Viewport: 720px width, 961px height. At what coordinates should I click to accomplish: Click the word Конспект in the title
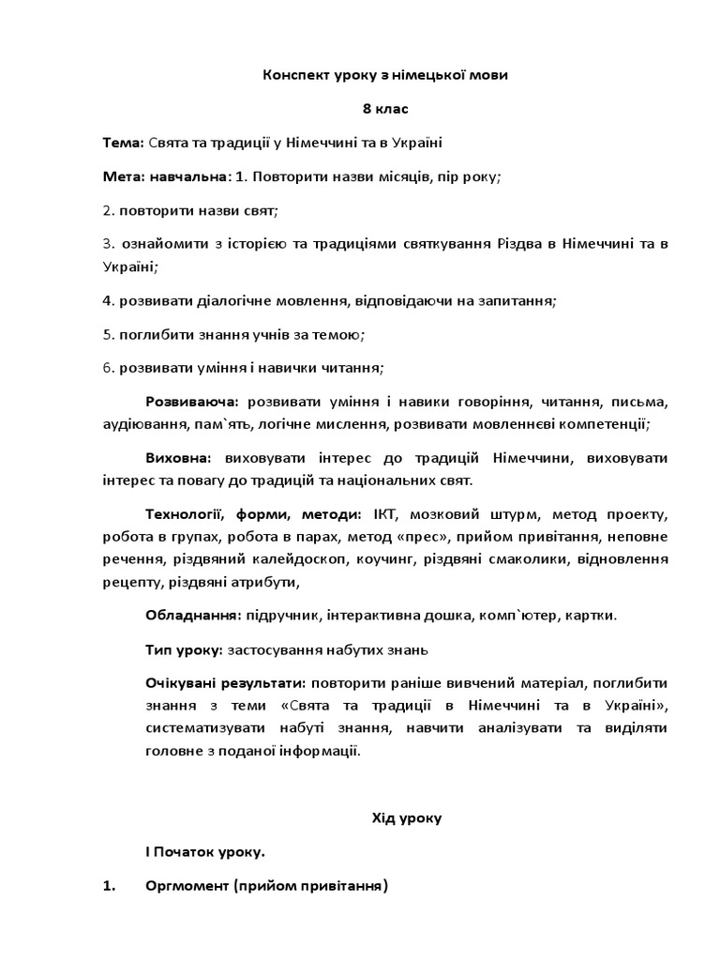(x=293, y=76)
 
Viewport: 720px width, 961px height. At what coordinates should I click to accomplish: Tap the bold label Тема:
(x=123, y=142)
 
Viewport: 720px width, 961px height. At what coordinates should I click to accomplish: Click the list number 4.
(x=108, y=301)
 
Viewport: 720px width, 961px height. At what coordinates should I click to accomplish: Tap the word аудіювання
(x=141, y=423)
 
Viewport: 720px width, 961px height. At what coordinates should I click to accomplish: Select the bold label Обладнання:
(x=193, y=616)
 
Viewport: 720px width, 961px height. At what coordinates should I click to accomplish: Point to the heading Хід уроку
(x=408, y=818)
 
